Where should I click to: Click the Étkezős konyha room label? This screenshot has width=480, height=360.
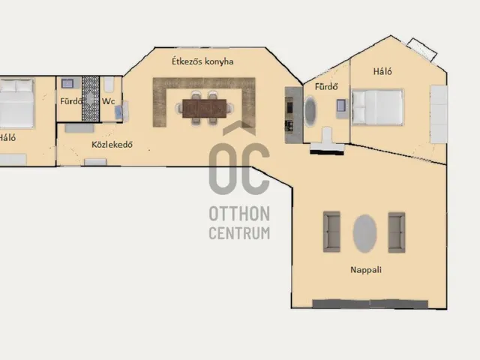[x=202, y=61]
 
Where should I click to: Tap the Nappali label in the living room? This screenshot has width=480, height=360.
[x=366, y=270]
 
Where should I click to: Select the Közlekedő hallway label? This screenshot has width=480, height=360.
[x=112, y=145]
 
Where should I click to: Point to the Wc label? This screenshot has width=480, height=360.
[x=108, y=101]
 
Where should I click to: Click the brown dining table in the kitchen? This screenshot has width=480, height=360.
[x=204, y=108]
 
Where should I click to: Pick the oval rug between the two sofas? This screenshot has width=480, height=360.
[x=364, y=233]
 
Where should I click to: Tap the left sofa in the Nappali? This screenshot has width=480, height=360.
[x=331, y=232]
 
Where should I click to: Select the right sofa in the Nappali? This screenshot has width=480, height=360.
[x=397, y=232]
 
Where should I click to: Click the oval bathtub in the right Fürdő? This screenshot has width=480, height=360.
[x=310, y=111]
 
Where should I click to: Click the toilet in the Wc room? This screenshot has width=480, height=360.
[x=109, y=85]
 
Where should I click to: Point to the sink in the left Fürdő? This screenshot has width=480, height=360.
[x=67, y=83]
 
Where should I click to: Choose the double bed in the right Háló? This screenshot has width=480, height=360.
[x=377, y=107]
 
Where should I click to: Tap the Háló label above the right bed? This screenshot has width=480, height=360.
[x=382, y=72]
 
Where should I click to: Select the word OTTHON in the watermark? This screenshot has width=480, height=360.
[x=239, y=213]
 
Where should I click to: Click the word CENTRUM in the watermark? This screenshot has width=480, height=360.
[x=239, y=233]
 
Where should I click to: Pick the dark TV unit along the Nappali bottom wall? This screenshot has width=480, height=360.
[x=370, y=304]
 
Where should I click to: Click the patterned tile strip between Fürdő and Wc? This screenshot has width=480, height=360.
[x=91, y=98]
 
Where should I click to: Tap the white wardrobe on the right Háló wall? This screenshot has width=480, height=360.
[x=439, y=114]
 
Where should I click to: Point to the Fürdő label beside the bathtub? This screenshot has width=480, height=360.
[x=326, y=87]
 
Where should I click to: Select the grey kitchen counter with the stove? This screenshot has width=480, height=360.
[x=294, y=115]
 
